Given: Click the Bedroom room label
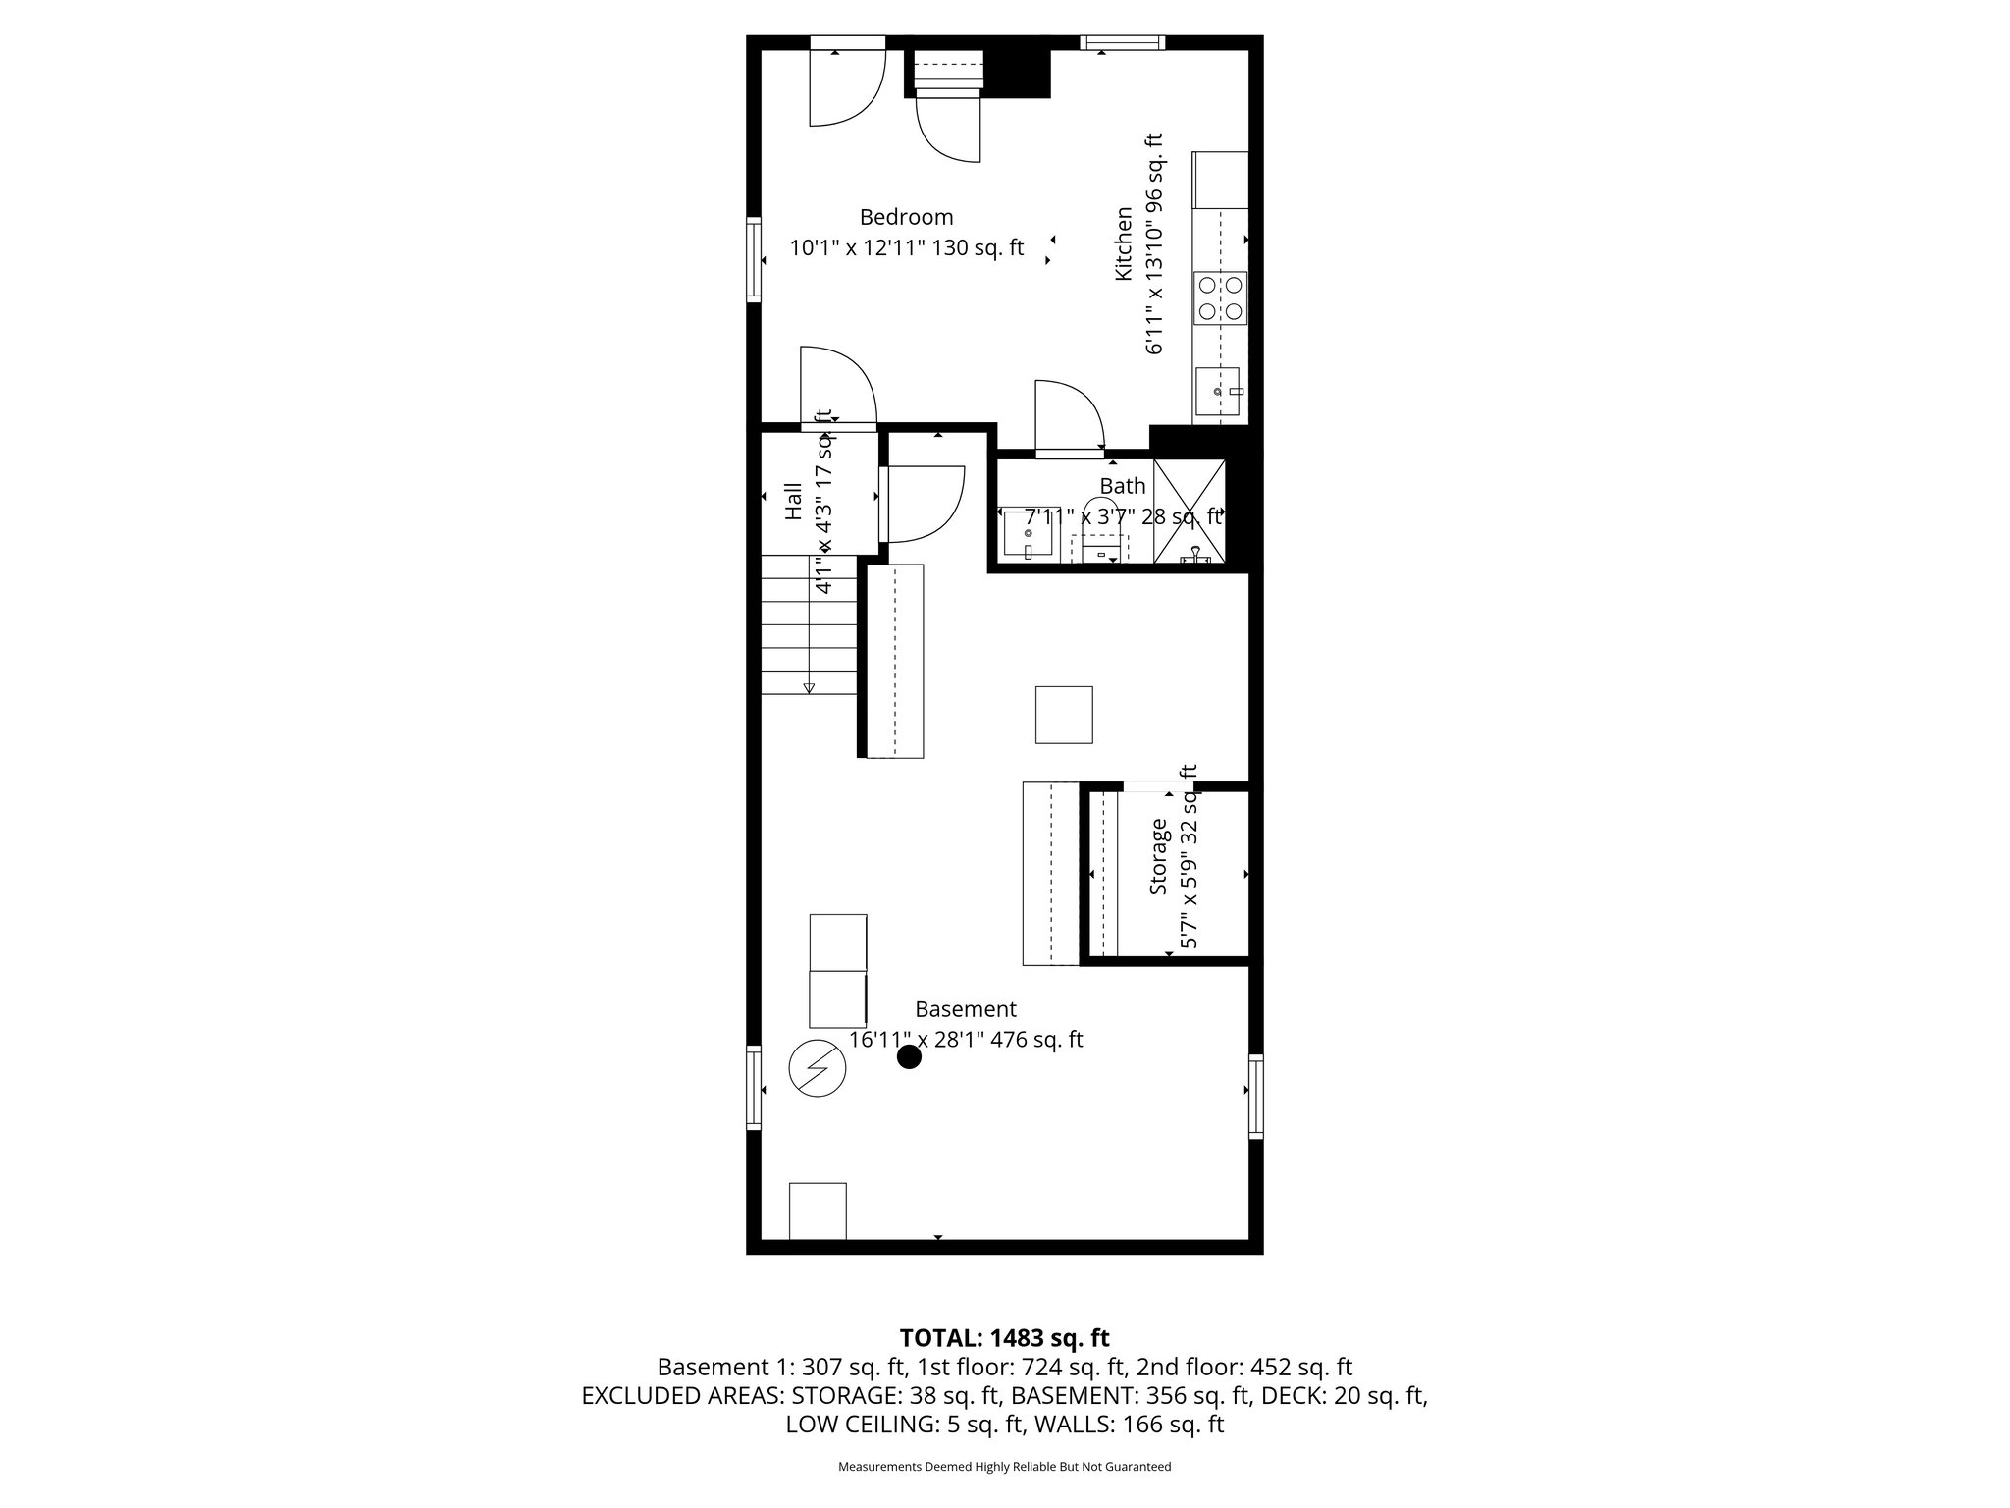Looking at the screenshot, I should tap(906, 217).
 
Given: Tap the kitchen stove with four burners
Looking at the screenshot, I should tap(1220, 298).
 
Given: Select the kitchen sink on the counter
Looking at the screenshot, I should tap(1217, 393).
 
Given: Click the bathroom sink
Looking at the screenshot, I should tap(1027, 535).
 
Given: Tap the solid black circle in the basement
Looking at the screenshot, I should tap(910, 1057).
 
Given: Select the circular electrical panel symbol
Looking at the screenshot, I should tap(817, 1068).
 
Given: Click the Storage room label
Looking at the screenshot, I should tap(1159, 856).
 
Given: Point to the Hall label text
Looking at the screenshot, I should tap(793, 501).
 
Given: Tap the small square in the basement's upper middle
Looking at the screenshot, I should tap(1064, 715).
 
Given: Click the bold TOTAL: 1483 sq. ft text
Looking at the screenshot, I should tap(1004, 1337).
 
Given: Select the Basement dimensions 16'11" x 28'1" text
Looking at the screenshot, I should tap(966, 1040).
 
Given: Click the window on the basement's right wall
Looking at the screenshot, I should tap(1255, 1096).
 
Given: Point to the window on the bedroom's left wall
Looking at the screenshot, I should tap(754, 258).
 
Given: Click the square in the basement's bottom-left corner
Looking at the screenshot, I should tap(818, 1212).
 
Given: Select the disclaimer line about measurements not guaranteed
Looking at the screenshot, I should tap(1004, 1467).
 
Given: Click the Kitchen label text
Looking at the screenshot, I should tap(1124, 243).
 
